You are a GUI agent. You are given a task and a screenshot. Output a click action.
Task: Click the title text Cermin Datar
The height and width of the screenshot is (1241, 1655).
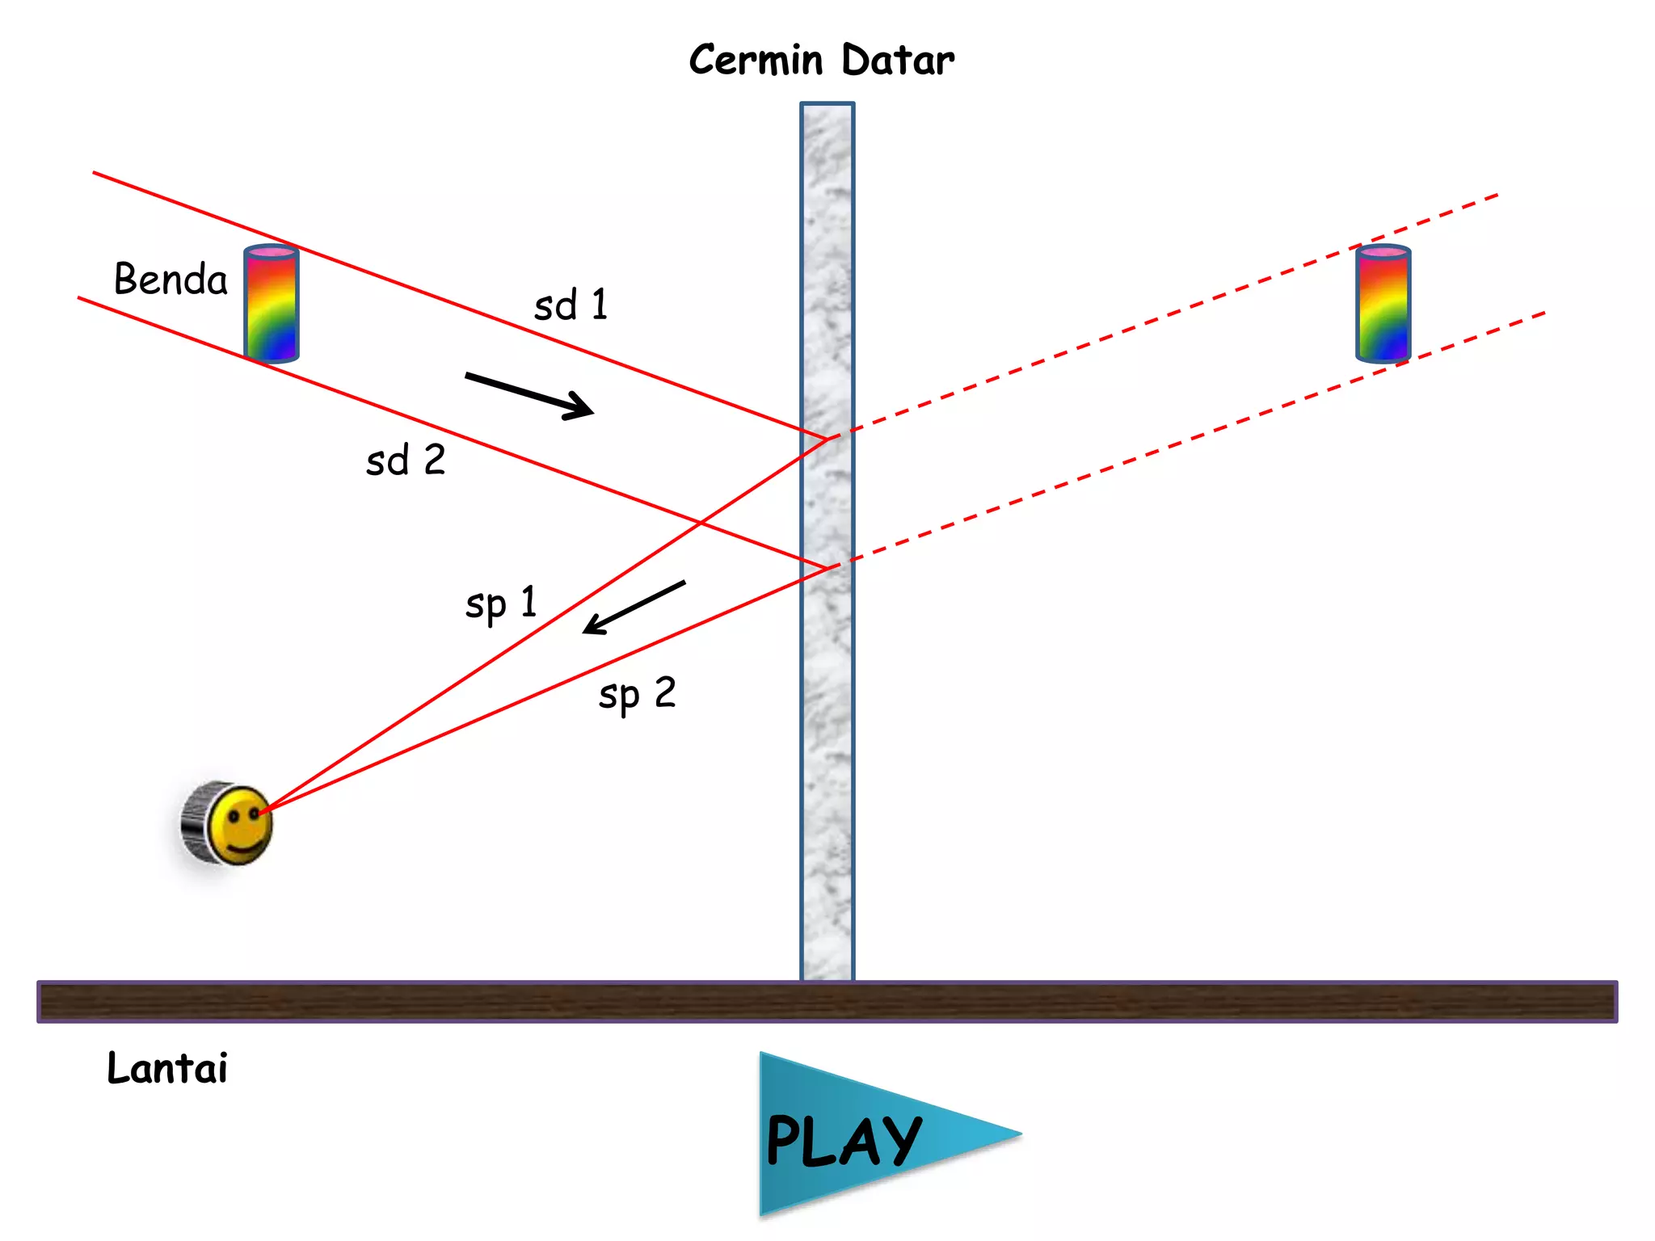tap(821, 60)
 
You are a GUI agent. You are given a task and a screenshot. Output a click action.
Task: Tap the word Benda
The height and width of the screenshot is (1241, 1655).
tap(171, 279)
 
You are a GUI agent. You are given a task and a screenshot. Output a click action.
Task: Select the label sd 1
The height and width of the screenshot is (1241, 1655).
tap(571, 305)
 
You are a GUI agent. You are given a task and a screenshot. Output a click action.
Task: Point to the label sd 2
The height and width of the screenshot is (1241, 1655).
tap(406, 460)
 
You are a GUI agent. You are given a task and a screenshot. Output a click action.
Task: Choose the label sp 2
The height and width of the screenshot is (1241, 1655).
tap(637, 695)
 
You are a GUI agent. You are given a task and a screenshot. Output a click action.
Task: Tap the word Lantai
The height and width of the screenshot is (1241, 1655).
tap(167, 1067)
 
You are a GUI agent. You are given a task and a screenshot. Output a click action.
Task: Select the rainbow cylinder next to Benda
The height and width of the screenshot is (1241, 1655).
tap(272, 303)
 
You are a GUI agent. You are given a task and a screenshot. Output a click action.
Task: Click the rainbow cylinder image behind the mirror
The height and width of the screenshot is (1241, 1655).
tap(1383, 303)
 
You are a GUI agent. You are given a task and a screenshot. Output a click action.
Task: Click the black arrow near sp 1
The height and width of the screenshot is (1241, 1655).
tap(634, 607)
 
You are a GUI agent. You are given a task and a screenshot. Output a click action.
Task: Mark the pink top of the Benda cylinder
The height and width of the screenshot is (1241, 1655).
tap(272, 252)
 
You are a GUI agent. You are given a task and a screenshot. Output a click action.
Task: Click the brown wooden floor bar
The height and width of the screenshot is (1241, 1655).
tap(827, 1002)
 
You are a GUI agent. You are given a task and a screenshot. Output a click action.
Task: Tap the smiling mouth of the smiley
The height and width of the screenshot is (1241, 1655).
tap(245, 846)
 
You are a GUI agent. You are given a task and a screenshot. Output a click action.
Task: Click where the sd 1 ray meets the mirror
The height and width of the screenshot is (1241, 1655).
tap(827, 438)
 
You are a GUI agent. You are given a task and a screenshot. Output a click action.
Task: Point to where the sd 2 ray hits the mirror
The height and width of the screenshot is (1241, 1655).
tap(827, 567)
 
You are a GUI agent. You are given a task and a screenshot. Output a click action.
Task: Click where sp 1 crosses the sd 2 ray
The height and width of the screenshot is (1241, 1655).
tap(699, 523)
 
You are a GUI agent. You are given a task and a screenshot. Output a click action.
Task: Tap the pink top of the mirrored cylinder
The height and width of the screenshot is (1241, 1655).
tap(1383, 252)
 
